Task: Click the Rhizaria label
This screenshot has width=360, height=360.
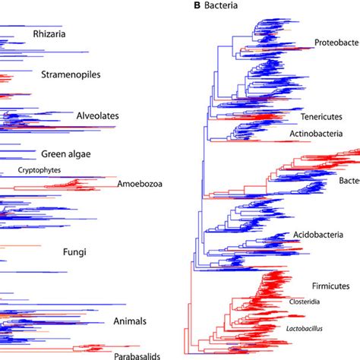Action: pos(50,34)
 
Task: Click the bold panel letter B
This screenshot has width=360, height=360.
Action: pos(195,9)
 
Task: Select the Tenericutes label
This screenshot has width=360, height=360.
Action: pos(332,118)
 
